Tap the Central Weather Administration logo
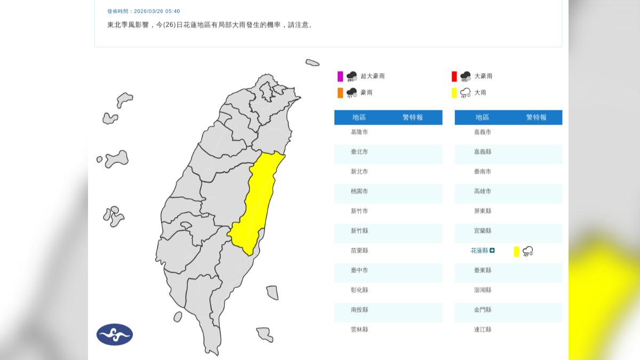[x=115, y=334]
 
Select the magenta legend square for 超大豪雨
[x=340, y=76]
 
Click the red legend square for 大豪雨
[x=454, y=76]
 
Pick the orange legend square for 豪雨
[x=340, y=93]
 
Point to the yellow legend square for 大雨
[x=454, y=93]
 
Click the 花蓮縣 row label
[x=479, y=251]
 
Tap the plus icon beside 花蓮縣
[x=492, y=251]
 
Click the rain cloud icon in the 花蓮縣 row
[x=528, y=251]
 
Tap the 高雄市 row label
[x=482, y=191]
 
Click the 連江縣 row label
[x=482, y=330]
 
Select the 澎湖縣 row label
[x=482, y=290]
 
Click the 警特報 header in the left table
[x=413, y=117]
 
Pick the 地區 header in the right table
[x=482, y=117]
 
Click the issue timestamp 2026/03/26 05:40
[x=157, y=11]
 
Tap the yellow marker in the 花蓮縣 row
[x=516, y=252]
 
